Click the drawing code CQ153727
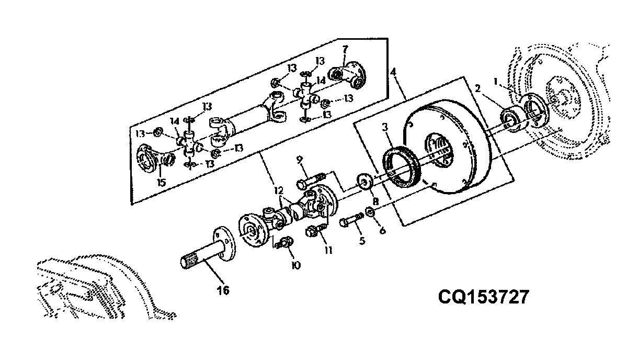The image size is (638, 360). (483, 297)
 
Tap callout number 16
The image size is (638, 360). (223, 290)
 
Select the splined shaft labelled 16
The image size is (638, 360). (208, 248)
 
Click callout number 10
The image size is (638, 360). (296, 266)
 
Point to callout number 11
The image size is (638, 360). (328, 251)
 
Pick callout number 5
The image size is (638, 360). (362, 241)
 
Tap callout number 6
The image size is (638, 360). (382, 230)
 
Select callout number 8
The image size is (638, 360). (375, 202)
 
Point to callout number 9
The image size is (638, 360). (300, 160)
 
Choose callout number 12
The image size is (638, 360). (279, 190)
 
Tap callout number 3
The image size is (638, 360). (385, 127)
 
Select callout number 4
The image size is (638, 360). (393, 72)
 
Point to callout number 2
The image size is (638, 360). (477, 88)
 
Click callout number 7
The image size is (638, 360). (345, 49)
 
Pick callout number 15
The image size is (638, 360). (161, 183)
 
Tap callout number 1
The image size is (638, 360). (495, 82)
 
